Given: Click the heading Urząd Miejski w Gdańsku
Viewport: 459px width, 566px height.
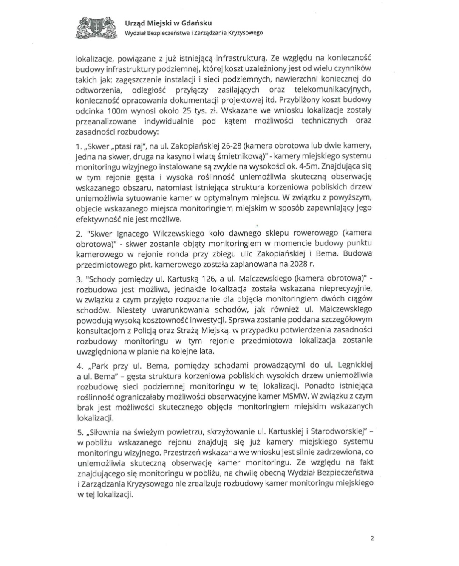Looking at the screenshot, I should (x=168, y=23).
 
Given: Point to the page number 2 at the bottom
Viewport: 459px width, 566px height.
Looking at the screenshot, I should (x=372, y=538).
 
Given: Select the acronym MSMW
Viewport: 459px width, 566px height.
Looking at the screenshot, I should (x=295, y=396).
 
